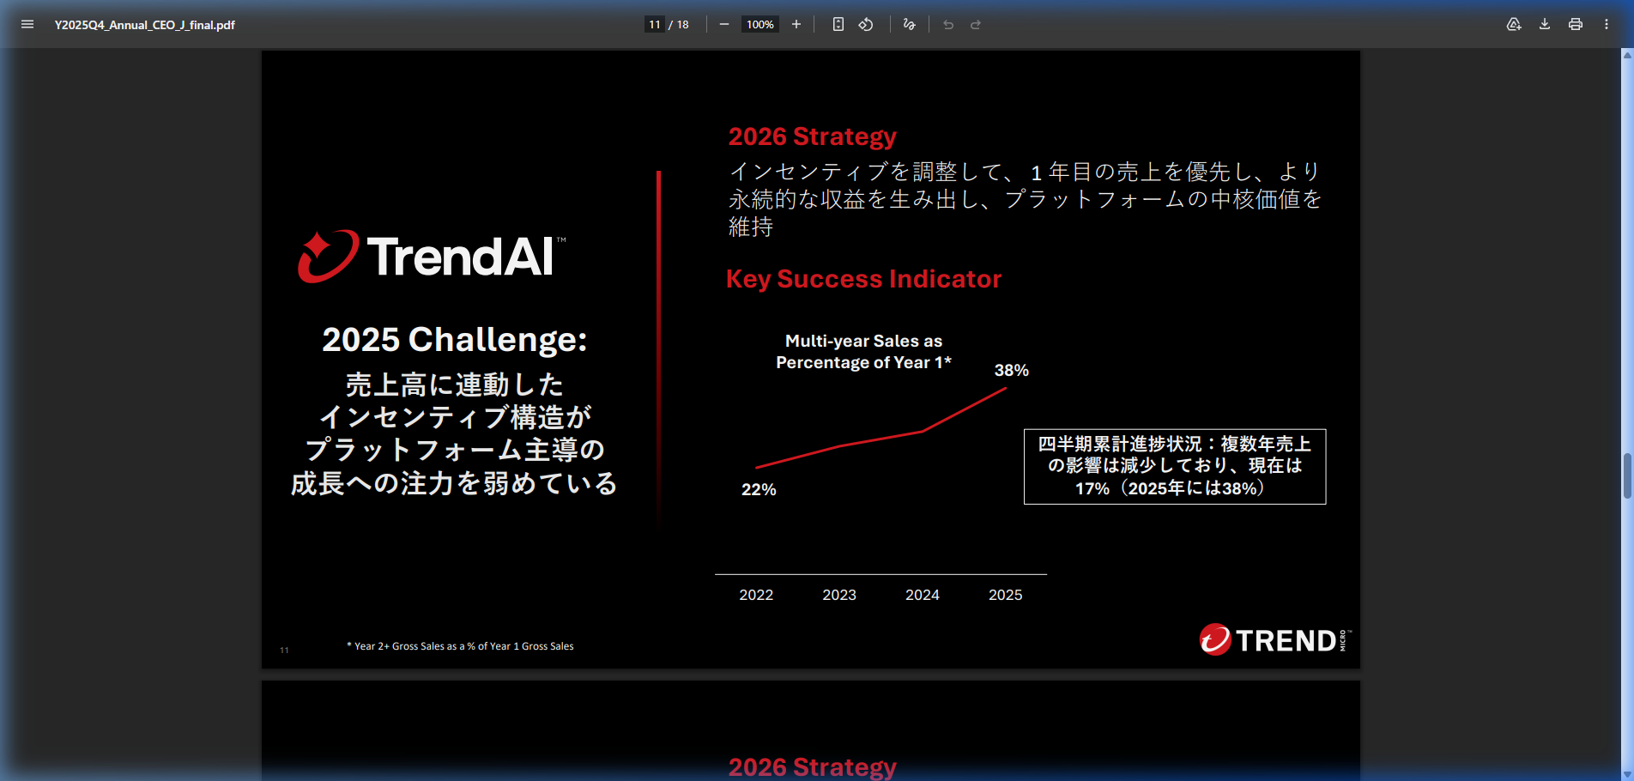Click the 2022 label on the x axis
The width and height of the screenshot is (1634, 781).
point(756,595)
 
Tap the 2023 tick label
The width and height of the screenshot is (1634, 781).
point(839,595)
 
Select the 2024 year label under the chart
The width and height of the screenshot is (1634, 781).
point(923,595)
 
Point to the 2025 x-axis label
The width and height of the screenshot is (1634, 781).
point(1006,595)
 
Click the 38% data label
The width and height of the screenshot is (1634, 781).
point(1012,370)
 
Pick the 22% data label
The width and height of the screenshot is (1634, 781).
point(759,489)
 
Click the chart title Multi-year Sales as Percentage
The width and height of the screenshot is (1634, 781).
point(863,352)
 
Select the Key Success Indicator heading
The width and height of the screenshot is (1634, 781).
point(863,279)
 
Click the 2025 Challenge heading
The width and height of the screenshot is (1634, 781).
point(455,340)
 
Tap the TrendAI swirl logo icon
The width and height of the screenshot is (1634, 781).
point(327,256)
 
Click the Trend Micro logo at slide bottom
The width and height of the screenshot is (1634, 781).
point(1275,639)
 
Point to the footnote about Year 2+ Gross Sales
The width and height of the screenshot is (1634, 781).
point(460,646)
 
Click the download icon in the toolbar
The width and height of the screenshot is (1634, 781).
point(1545,24)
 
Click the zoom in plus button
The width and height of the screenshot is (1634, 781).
point(796,24)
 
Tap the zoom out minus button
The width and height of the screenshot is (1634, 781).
point(724,24)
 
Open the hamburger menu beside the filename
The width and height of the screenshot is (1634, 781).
point(27,24)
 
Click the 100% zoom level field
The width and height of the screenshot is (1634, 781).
point(760,25)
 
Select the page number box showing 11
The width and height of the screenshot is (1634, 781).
point(655,25)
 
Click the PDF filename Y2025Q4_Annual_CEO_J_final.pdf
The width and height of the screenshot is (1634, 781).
point(145,25)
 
